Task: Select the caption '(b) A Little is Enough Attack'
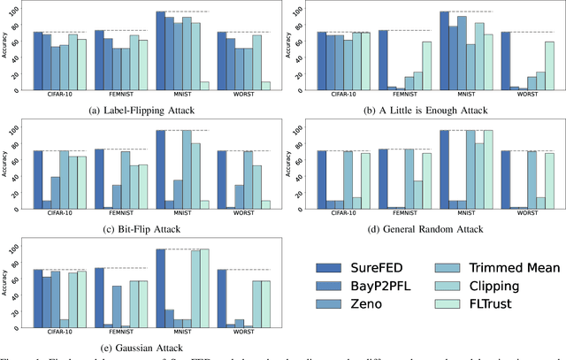tap(424, 110)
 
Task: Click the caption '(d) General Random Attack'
tap(424, 228)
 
